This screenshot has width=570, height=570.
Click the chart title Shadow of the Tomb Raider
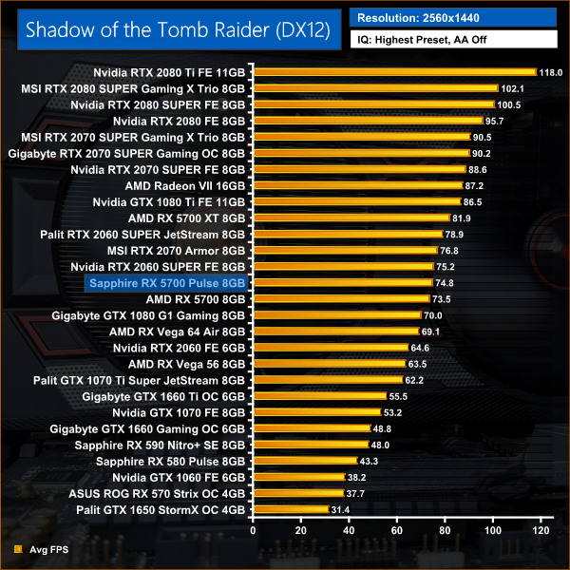tap(178, 29)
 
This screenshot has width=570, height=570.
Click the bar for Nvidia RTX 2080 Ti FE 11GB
tap(394, 71)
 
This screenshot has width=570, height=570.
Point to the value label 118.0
tap(551, 71)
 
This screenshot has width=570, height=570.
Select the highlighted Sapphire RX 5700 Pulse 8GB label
tap(166, 282)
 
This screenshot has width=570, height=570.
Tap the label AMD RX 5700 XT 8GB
tap(185, 218)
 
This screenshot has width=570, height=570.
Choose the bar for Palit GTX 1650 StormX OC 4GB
tap(290, 509)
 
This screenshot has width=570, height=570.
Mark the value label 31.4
tap(341, 509)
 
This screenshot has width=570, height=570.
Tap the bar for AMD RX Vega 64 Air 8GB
tap(335, 332)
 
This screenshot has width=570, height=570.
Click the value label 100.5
tap(509, 104)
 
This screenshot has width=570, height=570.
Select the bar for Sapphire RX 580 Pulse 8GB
tap(304, 461)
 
